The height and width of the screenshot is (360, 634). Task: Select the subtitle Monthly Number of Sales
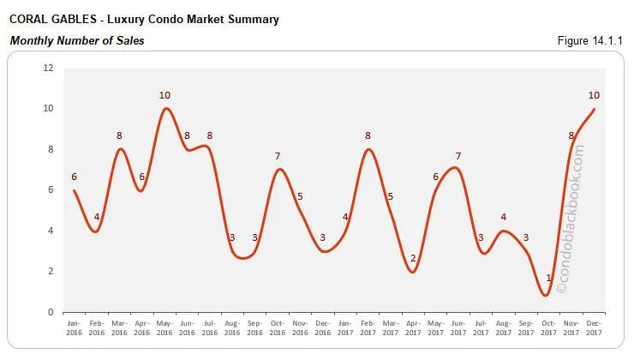(76, 40)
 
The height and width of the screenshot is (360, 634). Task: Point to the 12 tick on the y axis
(49, 68)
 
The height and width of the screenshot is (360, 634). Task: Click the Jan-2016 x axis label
(75, 328)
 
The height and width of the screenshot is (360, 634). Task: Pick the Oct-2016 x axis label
(277, 328)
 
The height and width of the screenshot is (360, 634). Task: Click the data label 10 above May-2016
(165, 94)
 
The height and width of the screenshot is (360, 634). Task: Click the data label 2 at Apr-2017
(413, 258)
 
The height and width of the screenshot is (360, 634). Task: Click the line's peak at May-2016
(165, 108)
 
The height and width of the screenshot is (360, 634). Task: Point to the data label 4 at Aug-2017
(503, 217)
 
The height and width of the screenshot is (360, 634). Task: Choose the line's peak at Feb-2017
(368, 149)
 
